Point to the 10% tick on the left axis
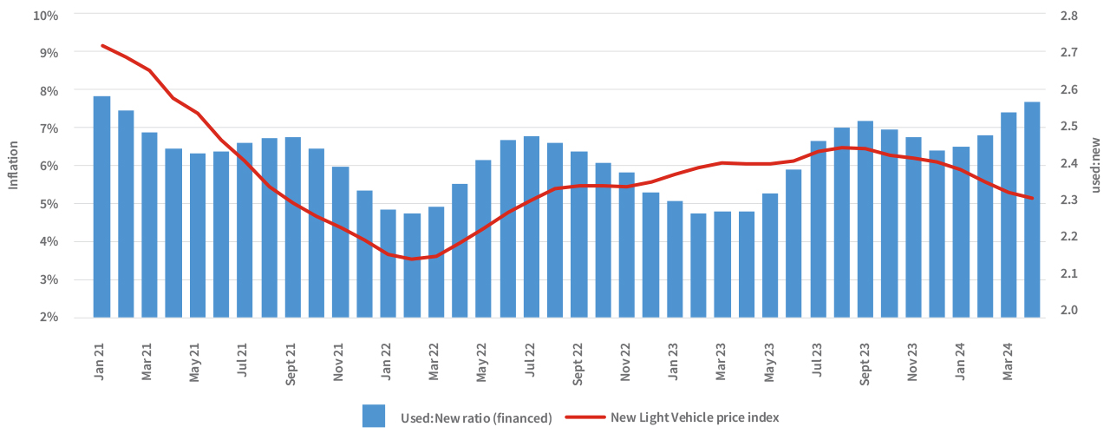coord(46,16)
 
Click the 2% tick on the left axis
coord(49,318)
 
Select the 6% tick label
coord(49,167)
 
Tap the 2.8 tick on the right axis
coord(1068,16)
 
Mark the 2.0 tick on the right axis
coord(1068,311)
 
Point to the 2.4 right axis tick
coord(1068,163)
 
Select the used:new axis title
coord(1096,165)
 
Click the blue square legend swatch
coord(374,417)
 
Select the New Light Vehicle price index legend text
coord(695,417)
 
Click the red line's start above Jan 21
coord(102,45)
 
